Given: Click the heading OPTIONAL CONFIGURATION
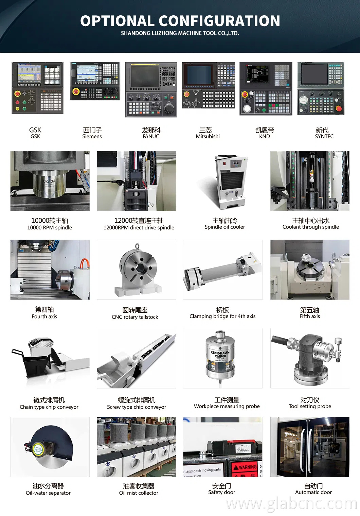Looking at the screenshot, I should click(x=180, y=21).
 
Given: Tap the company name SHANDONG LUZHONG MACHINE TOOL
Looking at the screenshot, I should click(x=180, y=33).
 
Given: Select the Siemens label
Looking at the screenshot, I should click(x=92, y=136).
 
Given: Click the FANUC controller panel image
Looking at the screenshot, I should click(x=151, y=90).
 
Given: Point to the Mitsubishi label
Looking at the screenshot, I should click(x=208, y=136).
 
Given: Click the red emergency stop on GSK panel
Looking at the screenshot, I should click(x=17, y=93).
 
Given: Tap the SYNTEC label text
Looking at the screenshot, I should click(x=324, y=136).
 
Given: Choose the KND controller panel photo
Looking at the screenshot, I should click(x=266, y=89).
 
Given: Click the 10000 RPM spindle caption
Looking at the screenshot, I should click(x=50, y=228).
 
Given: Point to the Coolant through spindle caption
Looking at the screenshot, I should click(x=310, y=227).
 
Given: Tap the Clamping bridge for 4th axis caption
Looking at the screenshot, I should click(x=222, y=316).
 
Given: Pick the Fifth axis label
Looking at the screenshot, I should click(x=309, y=316).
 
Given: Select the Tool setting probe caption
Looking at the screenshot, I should click(x=310, y=407).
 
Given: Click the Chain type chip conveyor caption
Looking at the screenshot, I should click(x=49, y=407).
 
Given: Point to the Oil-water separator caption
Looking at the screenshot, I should click(x=48, y=493).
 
